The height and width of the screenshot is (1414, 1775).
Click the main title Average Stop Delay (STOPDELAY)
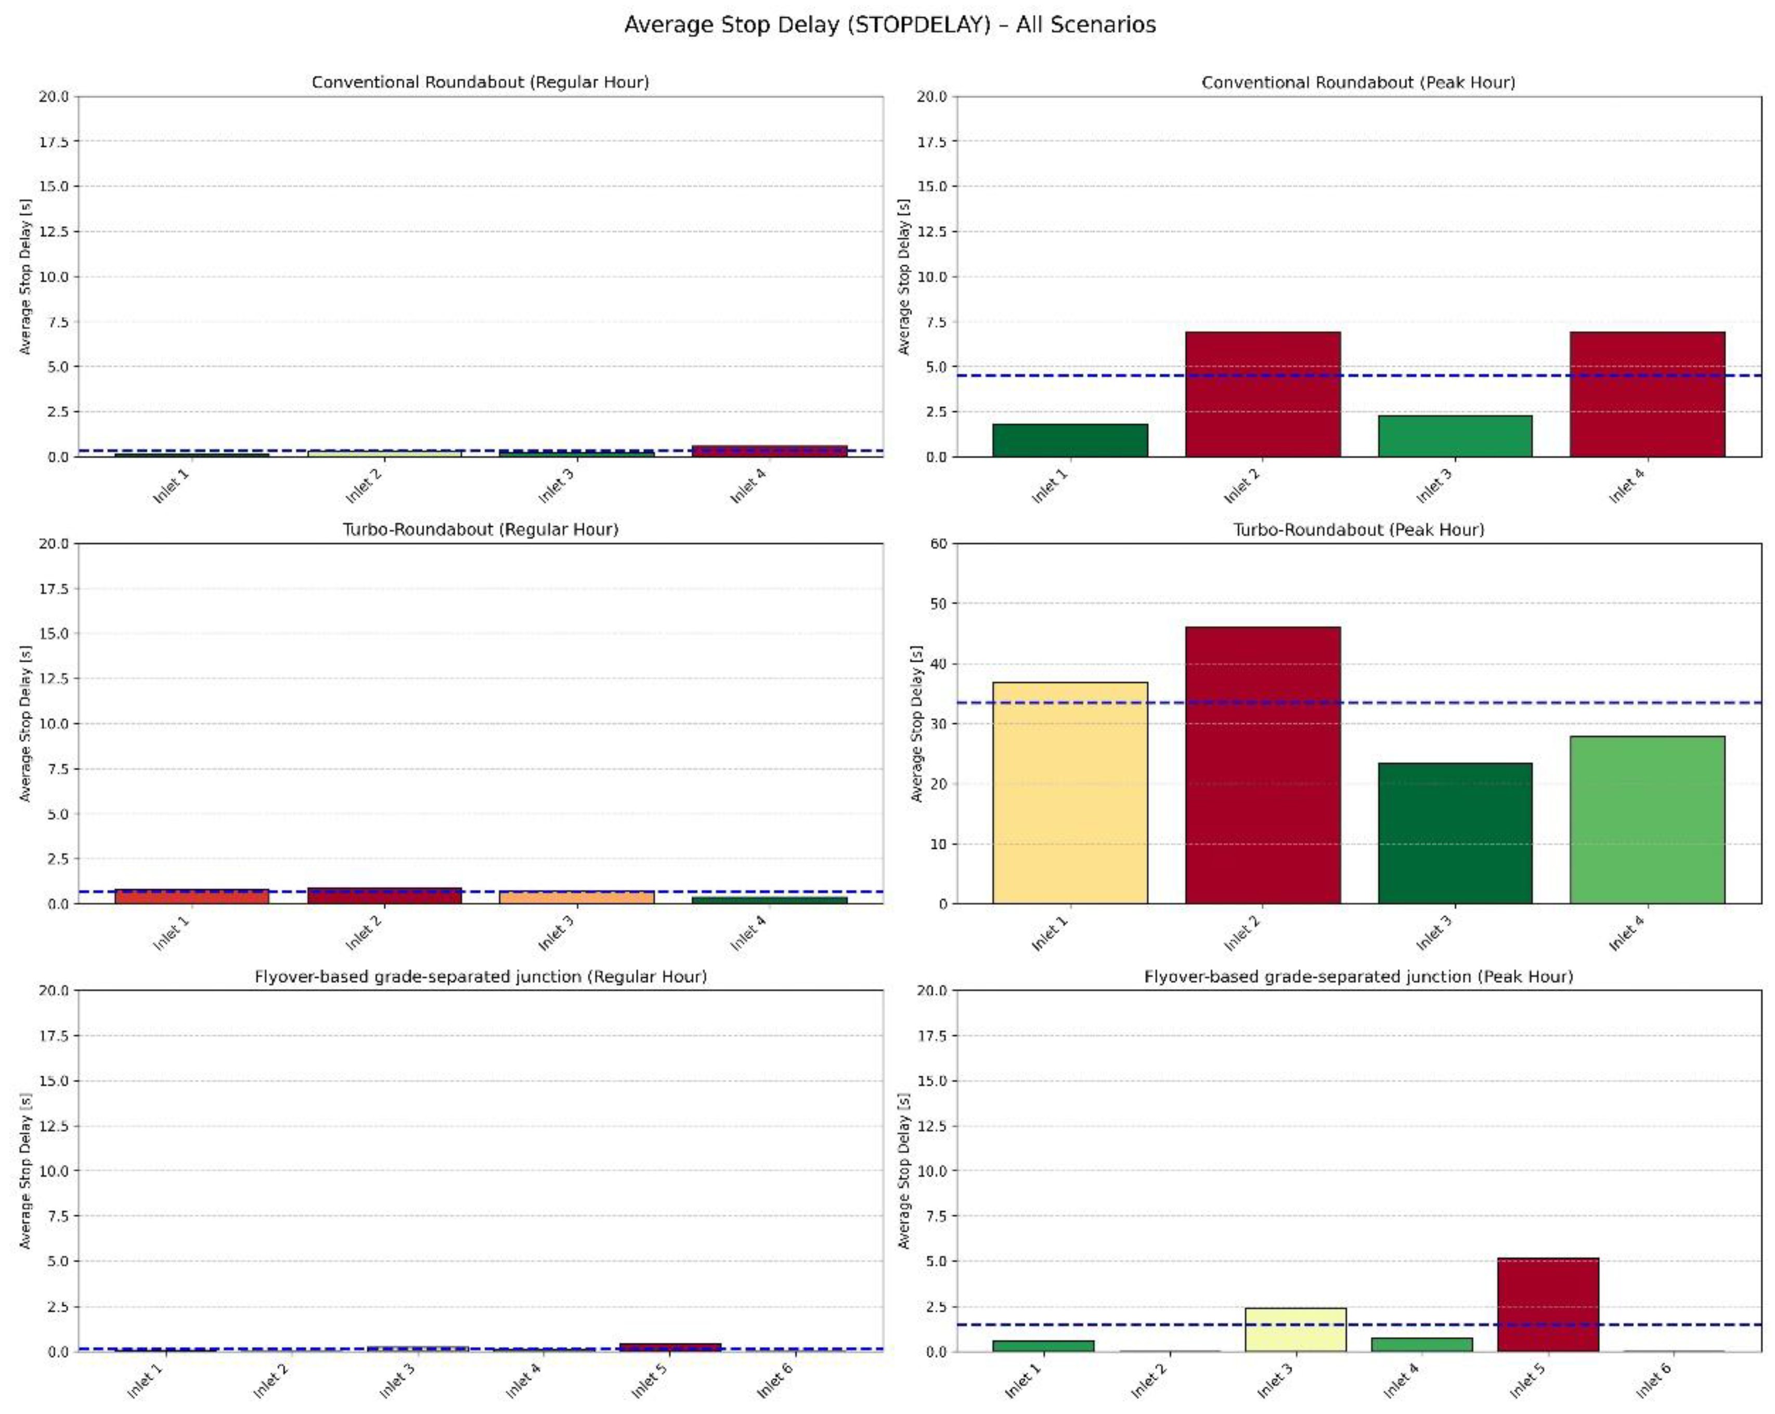tap(889, 24)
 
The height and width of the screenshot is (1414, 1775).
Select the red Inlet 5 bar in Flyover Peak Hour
tap(1548, 1305)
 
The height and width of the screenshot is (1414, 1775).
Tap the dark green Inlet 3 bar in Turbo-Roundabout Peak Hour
tap(1455, 833)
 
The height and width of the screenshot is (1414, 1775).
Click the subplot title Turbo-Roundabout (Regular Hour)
tap(480, 529)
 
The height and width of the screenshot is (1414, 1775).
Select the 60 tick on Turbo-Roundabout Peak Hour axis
tap(939, 543)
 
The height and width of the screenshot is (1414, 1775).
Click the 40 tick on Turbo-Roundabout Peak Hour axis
tap(939, 664)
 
